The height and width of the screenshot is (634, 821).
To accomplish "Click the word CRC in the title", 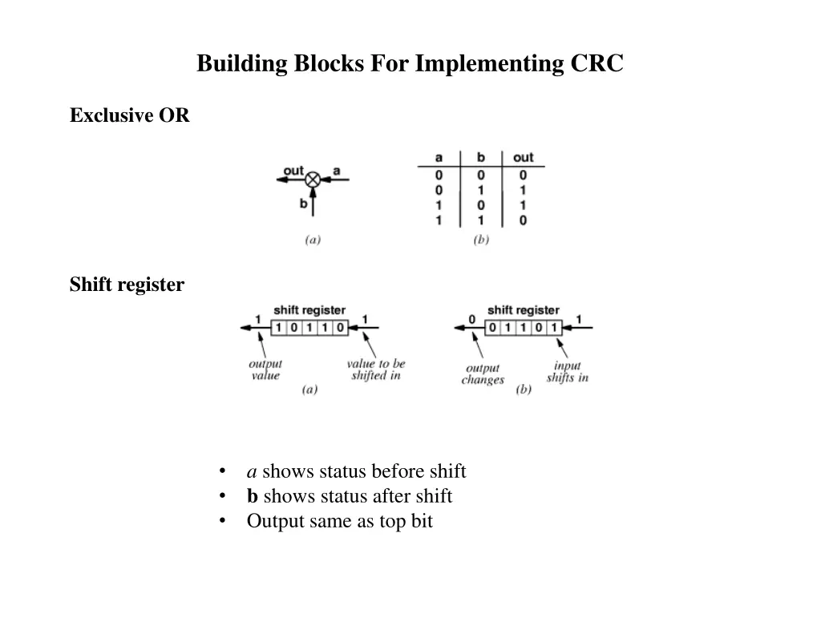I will [597, 63].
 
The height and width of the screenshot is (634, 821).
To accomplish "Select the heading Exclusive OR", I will [129, 115].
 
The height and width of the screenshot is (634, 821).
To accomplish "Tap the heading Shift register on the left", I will [127, 285].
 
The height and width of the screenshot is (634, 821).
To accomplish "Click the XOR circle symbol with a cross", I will [313, 180].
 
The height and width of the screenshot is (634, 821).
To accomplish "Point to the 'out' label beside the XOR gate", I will [293, 170].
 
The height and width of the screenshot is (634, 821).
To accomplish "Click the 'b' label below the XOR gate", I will [304, 204].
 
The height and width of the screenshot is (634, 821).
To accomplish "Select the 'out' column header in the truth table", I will [523, 157].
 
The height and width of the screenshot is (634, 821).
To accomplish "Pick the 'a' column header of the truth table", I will [439, 157].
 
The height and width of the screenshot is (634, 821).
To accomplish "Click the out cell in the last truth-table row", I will [523, 220].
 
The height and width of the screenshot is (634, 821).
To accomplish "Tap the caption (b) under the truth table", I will [481, 239].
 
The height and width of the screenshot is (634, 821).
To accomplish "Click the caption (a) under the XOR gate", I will [313, 239].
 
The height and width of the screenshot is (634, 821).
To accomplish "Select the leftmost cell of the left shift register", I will [278, 327].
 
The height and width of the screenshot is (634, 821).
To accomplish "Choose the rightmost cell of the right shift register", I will [553, 327].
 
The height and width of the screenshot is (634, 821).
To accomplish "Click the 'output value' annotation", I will [265, 369].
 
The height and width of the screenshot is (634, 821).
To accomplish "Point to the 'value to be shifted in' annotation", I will [375, 369].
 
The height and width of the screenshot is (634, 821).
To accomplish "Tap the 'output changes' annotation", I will [483, 374].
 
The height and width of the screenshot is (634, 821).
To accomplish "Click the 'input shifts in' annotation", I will [567, 372].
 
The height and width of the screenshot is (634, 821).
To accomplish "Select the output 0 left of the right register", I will [471, 319].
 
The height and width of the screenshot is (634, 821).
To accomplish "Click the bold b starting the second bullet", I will [252, 496].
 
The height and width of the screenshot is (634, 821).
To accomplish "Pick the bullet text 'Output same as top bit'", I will [339, 521].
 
